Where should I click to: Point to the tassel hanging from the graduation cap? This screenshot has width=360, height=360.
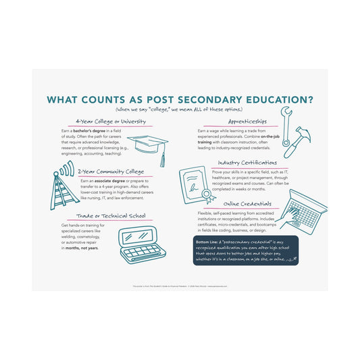[x=162, y=159]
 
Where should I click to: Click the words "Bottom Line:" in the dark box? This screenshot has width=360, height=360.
[x=206, y=241]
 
